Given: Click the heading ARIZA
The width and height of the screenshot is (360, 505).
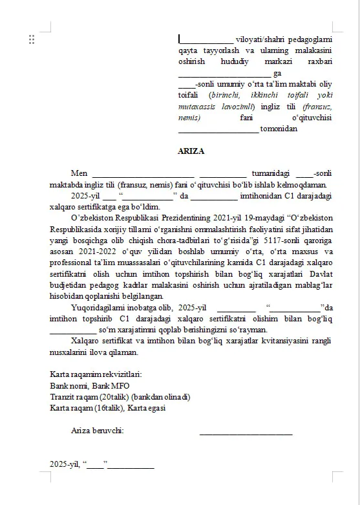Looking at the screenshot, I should [191, 151].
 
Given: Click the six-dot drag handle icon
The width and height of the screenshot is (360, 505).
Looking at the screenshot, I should [32, 39].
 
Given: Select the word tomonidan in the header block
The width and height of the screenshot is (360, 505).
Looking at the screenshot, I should [279, 129].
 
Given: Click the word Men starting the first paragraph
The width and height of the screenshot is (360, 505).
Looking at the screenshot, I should [79, 173].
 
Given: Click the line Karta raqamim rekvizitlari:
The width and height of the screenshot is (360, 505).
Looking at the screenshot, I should [96, 374].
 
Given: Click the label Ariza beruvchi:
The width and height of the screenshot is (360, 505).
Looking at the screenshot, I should [98, 431].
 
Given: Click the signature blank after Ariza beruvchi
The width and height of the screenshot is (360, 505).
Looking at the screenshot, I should [246, 432].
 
